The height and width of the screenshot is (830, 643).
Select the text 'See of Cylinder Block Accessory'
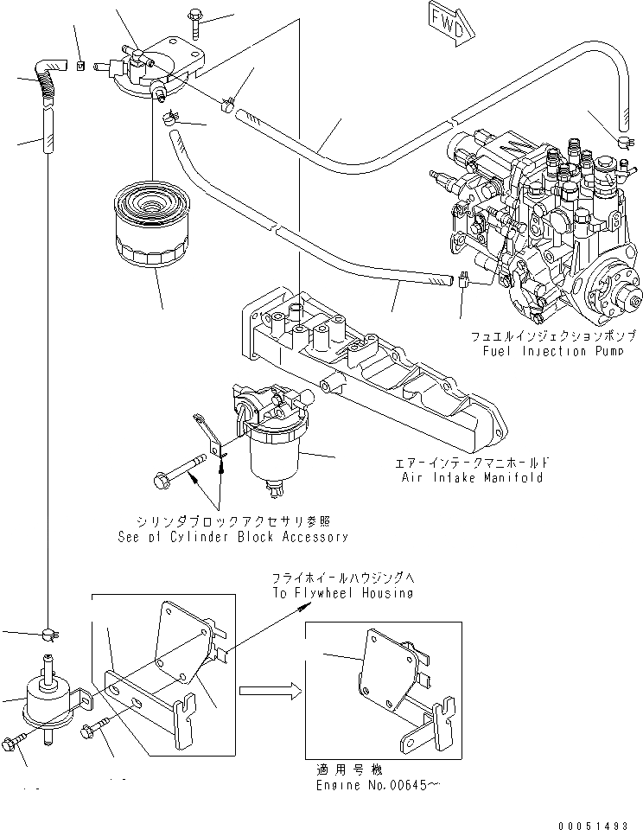point(232,536)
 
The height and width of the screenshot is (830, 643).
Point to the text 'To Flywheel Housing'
point(341,593)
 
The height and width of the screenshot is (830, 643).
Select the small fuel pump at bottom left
point(49,697)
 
